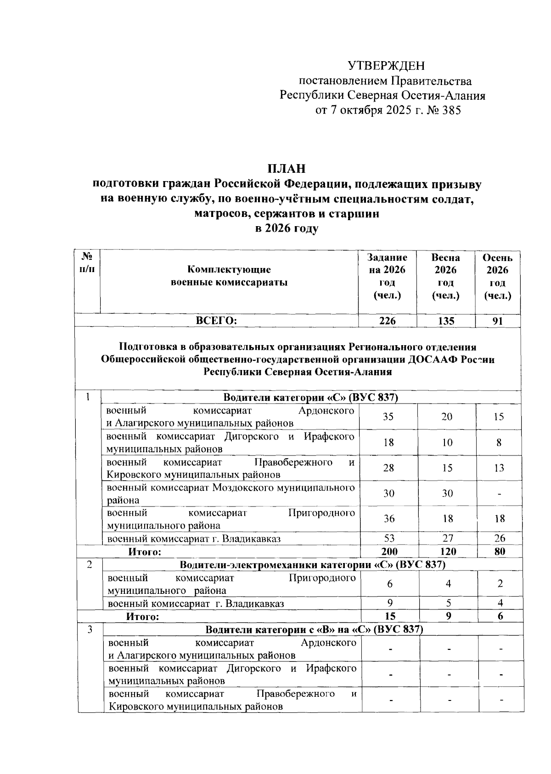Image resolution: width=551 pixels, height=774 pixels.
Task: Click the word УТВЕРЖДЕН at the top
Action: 386,66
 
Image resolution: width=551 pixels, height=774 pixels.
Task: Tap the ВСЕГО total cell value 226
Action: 387,321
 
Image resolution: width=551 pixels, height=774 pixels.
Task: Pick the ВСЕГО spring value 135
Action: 446,321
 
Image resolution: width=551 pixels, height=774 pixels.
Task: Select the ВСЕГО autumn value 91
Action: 498,321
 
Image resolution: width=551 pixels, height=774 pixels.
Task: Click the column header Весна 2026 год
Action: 445,276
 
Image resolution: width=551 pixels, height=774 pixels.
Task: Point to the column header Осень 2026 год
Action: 498,276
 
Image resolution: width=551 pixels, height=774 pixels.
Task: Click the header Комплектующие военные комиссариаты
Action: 229,276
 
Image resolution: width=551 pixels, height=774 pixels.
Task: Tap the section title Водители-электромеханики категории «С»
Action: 312,564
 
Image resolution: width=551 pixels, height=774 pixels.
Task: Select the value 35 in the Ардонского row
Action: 388,416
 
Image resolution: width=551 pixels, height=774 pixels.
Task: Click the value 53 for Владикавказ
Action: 389,538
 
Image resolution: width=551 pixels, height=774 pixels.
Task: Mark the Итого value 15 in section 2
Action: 390,616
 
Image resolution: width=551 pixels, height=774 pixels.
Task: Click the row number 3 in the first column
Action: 90,629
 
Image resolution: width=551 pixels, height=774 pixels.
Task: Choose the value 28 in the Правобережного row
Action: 388,468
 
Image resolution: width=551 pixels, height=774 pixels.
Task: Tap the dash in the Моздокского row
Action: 499,494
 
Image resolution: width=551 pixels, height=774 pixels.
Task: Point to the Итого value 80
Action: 500,552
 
